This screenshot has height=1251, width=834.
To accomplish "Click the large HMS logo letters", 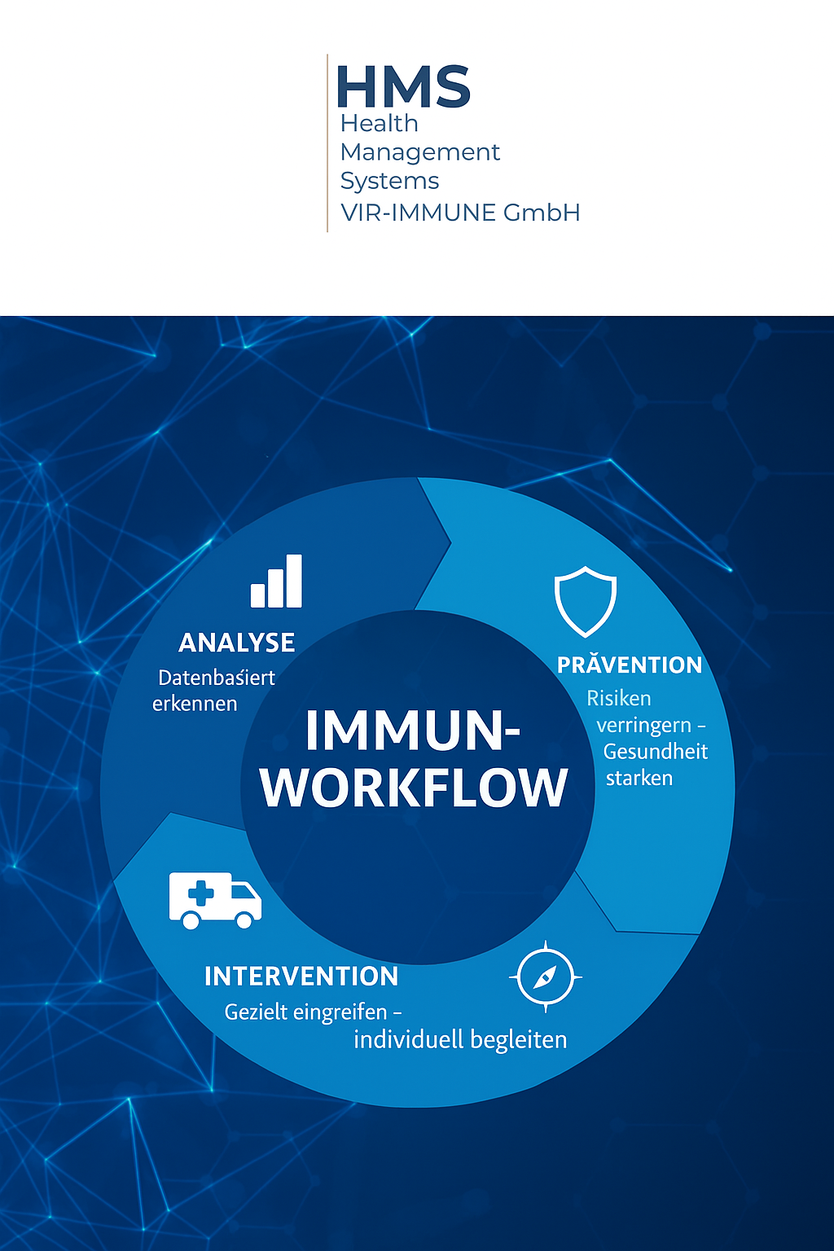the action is click(403, 86).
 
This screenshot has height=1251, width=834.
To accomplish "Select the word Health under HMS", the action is click(380, 124).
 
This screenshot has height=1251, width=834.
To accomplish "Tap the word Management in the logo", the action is click(420, 152).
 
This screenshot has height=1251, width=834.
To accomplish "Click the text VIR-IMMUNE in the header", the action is click(419, 213).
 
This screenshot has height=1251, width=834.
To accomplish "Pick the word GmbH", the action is click(542, 213).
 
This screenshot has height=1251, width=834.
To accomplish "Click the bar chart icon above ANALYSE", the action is click(276, 581).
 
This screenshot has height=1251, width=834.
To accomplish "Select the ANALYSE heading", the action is click(237, 643).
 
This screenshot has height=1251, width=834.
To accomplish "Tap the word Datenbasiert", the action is click(217, 678).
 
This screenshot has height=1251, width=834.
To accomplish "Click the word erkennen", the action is click(195, 704).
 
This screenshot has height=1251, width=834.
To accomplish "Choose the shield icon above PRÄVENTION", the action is click(586, 602).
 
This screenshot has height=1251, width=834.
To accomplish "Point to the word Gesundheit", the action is click(656, 752).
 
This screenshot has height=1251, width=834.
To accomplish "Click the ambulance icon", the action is click(215, 900).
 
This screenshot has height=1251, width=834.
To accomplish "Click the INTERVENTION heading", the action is click(301, 977).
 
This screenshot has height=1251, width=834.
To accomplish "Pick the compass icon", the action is click(545, 977).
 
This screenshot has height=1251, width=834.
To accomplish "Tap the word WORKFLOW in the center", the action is click(414, 788).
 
